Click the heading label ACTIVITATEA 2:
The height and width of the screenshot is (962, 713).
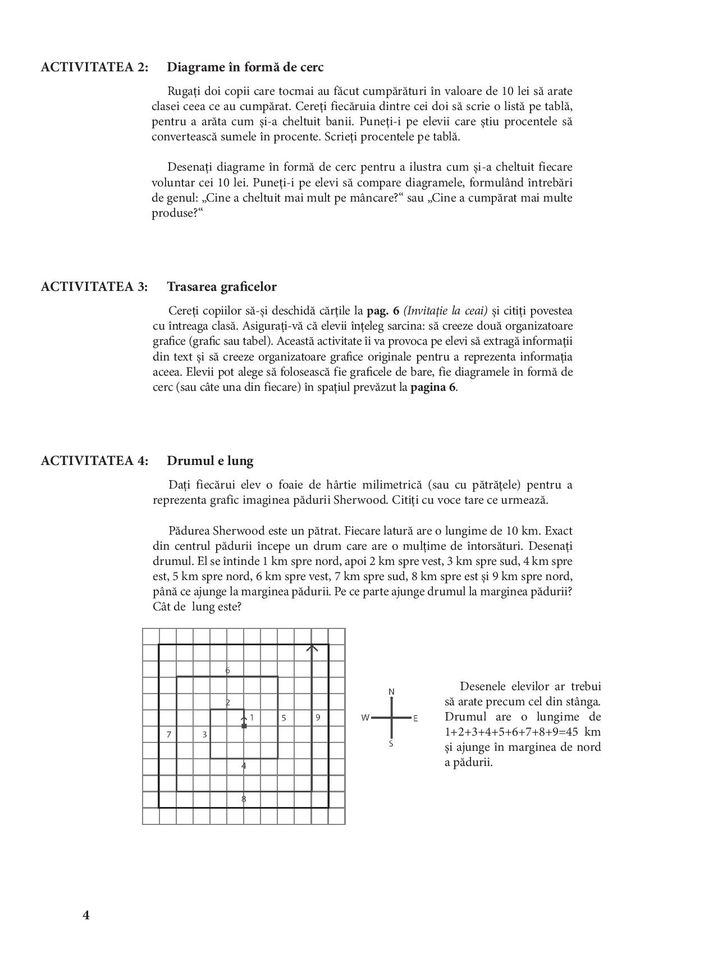pos(95,67)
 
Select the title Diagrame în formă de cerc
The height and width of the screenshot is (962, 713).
pos(245,67)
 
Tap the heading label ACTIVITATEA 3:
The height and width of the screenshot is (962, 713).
pos(95,287)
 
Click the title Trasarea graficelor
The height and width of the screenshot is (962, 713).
pos(221,287)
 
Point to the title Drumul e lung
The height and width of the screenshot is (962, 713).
pos(210,461)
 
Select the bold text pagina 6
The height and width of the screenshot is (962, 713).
pos(433,387)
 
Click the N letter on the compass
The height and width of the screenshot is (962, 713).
pos(391,692)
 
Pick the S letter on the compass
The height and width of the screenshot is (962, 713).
pos(391,744)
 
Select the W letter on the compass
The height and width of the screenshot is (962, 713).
pos(365,718)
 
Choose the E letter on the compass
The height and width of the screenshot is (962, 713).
pos(415,718)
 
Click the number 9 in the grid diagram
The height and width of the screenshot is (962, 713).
pos(318,717)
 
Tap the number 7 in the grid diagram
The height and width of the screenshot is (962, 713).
pos(168,734)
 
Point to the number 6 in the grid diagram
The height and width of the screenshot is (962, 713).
pos(227,670)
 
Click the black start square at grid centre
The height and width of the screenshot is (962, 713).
pos(244,726)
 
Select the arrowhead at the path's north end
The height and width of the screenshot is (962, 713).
pos(312,648)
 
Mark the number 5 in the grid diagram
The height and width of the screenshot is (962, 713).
pos(284,718)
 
